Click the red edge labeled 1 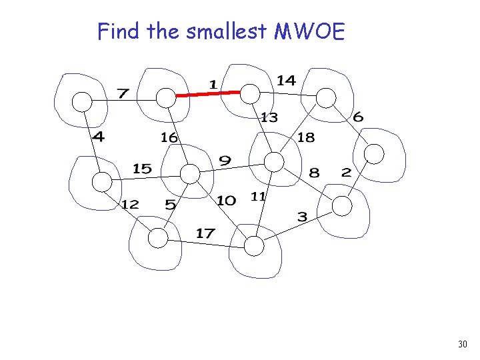[x=208, y=95]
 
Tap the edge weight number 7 [x=123, y=93]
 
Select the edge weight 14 [x=286, y=80]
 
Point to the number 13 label [x=269, y=118]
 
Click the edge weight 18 [x=305, y=137]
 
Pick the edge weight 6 [x=358, y=117]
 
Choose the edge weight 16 [x=169, y=137]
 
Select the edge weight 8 [x=314, y=173]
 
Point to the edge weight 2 [x=345, y=172]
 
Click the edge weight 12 [x=130, y=204]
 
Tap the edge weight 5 [x=171, y=205]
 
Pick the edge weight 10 [x=226, y=200]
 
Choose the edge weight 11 [x=259, y=196]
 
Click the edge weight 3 [x=302, y=217]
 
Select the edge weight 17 [x=205, y=233]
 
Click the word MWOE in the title [x=309, y=31]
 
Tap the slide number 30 [x=463, y=345]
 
